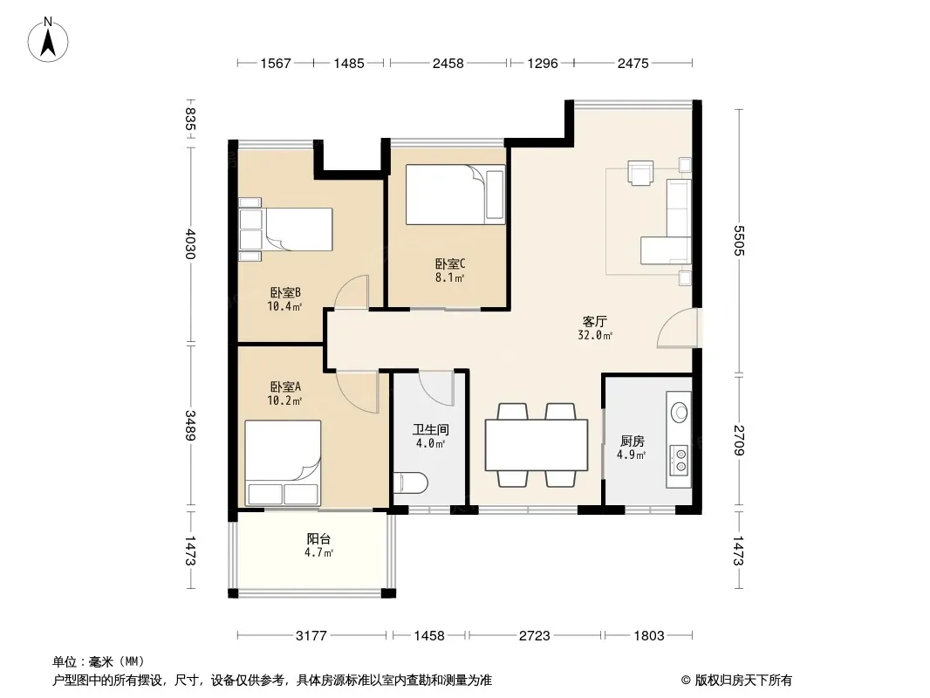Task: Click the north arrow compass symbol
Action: [48, 40]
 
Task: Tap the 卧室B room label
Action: [285, 292]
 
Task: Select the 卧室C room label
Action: [449, 263]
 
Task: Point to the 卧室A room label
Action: [285, 387]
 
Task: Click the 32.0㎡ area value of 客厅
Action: [595, 335]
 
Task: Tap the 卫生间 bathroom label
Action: [431, 429]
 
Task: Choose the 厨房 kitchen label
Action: [633, 441]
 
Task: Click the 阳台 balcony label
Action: [318, 538]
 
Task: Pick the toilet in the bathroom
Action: [410, 482]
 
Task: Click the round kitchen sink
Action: [679, 411]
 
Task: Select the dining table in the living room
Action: [537, 445]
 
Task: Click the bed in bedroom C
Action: [455, 195]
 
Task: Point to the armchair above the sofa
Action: [641, 173]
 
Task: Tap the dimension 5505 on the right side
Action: [738, 240]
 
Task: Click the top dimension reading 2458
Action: [448, 63]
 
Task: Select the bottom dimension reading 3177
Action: [311, 636]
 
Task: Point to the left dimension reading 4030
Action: [190, 243]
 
